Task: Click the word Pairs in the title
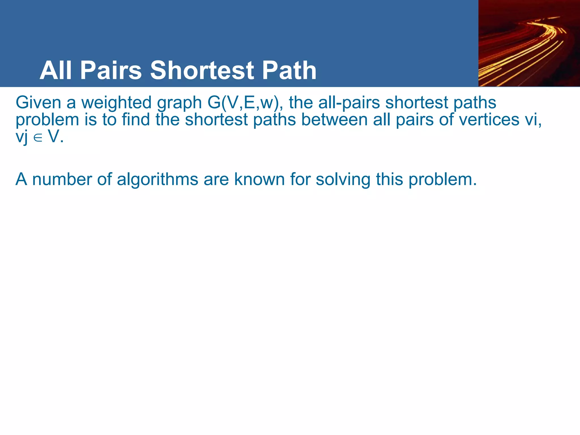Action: coord(111,70)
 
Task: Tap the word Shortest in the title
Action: coord(202,70)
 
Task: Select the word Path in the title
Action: coord(289,70)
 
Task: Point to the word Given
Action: coord(38,102)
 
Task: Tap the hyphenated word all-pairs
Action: coord(349,102)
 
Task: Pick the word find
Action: coord(136,120)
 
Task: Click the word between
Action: coord(334,120)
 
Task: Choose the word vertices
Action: coord(489,120)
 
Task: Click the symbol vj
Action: coord(22,137)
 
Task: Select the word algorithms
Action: coord(157,179)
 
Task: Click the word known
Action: coord(259,179)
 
